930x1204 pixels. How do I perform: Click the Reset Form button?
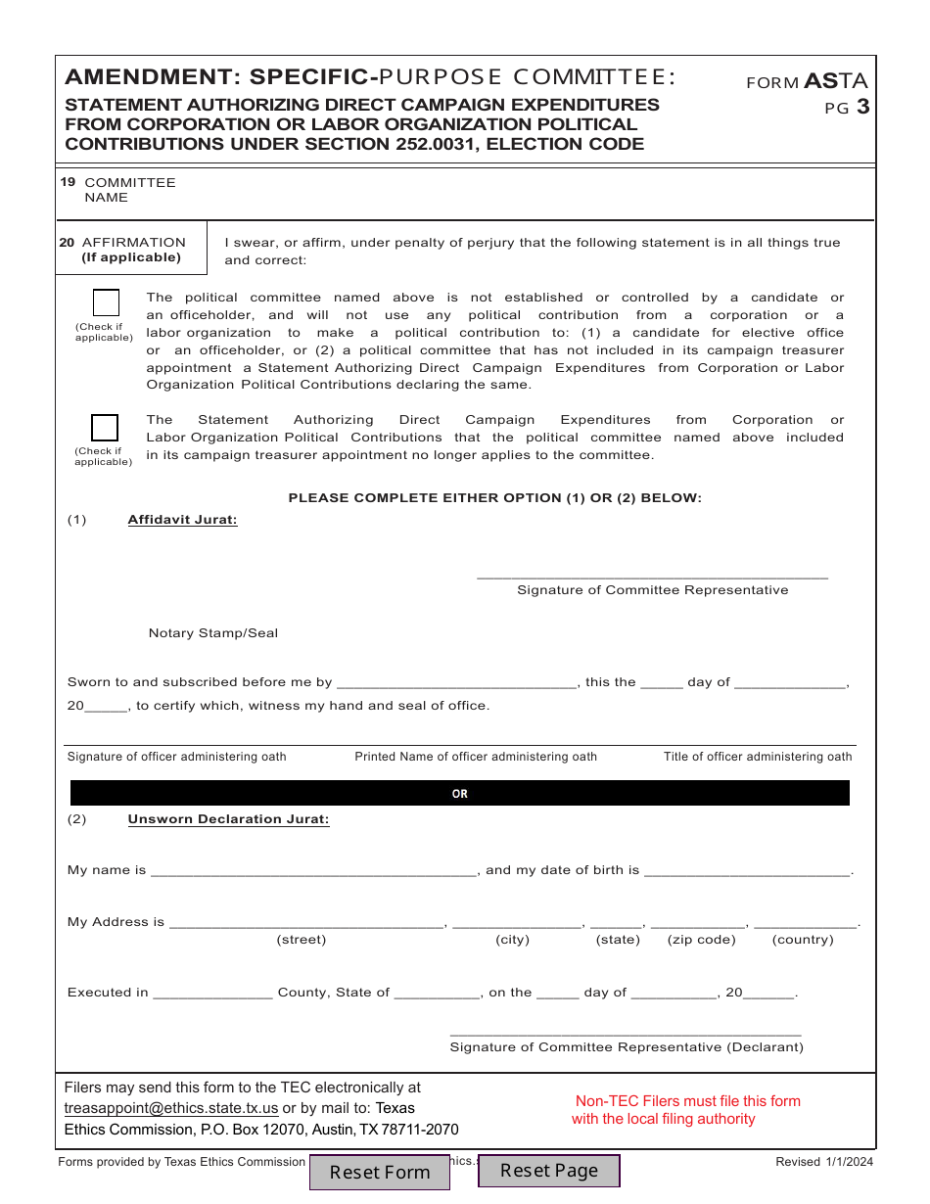point(379,1172)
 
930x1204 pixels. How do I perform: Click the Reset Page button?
point(548,1171)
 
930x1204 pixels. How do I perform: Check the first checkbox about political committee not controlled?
point(106,303)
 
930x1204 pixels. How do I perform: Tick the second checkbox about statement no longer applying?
point(105,428)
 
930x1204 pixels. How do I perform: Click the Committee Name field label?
point(129,190)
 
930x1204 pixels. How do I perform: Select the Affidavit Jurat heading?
point(182,520)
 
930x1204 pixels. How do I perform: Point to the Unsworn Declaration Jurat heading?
point(228,819)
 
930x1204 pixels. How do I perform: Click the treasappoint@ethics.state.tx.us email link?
point(171,1108)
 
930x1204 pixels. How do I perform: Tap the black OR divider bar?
point(460,794)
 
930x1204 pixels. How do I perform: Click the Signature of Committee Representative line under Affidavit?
point(652,575)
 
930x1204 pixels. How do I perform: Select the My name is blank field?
point(313,869)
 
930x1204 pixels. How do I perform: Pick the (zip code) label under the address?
point(701,940)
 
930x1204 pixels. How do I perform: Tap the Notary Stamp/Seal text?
point(213,633)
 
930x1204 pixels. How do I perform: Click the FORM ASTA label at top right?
point(807,82)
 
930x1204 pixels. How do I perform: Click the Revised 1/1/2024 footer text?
point(823,1162)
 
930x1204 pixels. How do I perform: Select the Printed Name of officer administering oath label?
point(476,757)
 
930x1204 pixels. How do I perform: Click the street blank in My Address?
point(307,921)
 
